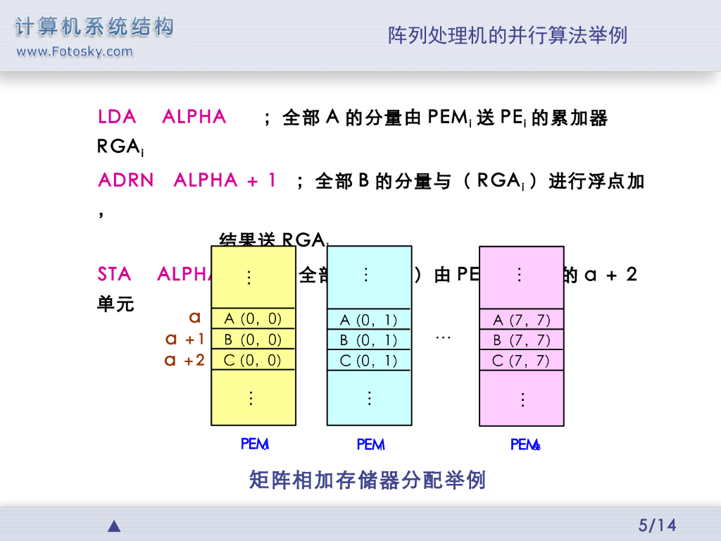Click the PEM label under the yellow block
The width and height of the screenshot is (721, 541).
tap(254, 444)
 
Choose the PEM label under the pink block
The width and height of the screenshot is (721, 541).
tap(525, 444)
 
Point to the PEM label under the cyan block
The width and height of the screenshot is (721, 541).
tap(370, 444)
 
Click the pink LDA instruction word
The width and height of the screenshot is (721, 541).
tap(117, 117)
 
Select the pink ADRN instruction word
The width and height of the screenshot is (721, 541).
tap(126, 180)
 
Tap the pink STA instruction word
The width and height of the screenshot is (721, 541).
tap(115, 274)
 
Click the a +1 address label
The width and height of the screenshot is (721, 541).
tap(184, 339)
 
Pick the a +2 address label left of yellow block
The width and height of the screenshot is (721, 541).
tap(184, 360)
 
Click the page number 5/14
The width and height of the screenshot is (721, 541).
tap(656, 525)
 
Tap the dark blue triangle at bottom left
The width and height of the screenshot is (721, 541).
tap(114, 526)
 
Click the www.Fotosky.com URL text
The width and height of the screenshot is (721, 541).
tap(74, 51)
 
